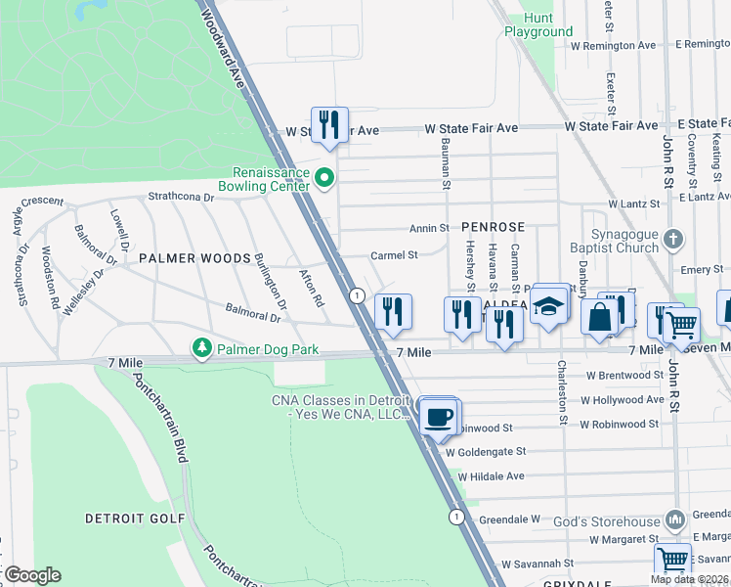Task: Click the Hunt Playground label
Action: (x=538, y=25)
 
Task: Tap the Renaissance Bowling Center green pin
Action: (x=326, y=178)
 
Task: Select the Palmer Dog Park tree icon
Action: (x=201, y=348)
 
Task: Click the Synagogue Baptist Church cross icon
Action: (x=671, y=239)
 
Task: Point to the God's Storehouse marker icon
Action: (x=673, y=519)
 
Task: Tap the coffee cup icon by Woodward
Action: (x=437, y=417)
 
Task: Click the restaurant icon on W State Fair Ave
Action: (x=329, y=124)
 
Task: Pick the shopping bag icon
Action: (x=598, y=317)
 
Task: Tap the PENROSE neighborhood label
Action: (x=494, y=225)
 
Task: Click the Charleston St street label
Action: (x=562, y=391)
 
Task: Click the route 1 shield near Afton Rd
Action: (x=358, y=295)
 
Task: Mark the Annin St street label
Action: (x=429, y=228)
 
